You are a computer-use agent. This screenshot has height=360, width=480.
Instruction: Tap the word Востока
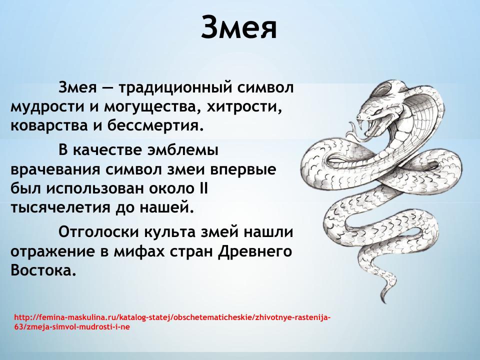tap(43, 270)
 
